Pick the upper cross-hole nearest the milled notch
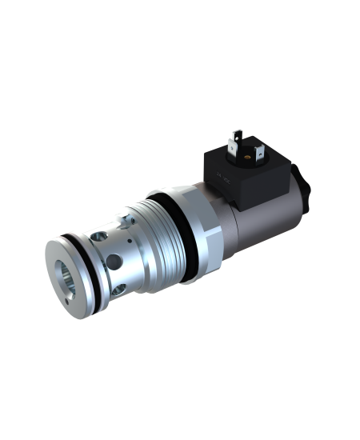[101, 236]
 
